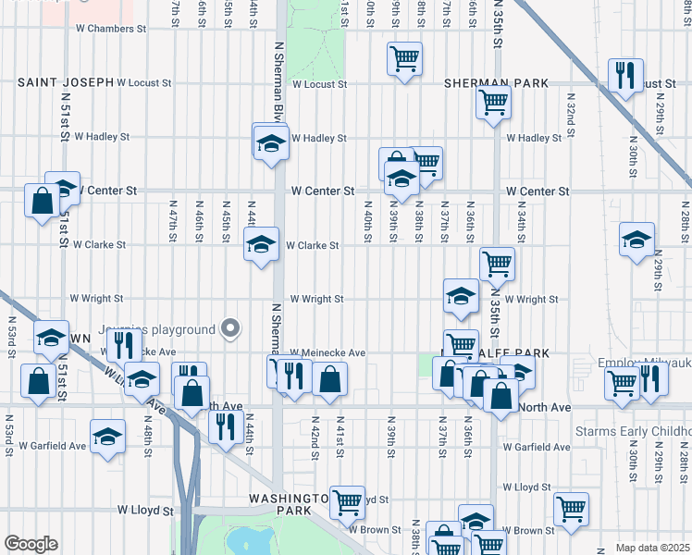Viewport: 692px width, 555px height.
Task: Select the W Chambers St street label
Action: (109, 29)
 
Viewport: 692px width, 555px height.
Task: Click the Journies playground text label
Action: (162, 329)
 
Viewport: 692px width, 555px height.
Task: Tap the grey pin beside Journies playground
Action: (230, 328)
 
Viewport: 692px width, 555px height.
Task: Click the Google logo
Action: (31, 544)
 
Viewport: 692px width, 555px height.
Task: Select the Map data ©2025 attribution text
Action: (653, 548)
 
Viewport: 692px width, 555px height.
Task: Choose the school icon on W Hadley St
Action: (270, 142)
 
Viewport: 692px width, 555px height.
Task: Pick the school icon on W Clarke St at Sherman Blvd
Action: (262, 245)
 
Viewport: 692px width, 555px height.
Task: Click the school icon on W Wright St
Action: (461, 296)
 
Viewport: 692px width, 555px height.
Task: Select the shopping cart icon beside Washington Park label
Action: (347, 501)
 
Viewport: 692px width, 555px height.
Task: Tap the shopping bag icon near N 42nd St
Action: (330, 378)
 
